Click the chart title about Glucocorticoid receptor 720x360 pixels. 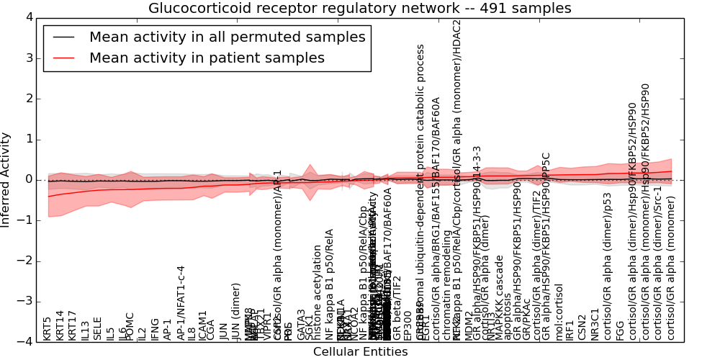point(360,9)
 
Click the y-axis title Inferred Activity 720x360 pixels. point(6,179)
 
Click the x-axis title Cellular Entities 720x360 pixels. point(360,352)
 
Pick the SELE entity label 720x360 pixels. point(97,328)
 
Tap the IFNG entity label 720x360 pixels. point(155,328)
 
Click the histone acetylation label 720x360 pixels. point(318,292)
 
